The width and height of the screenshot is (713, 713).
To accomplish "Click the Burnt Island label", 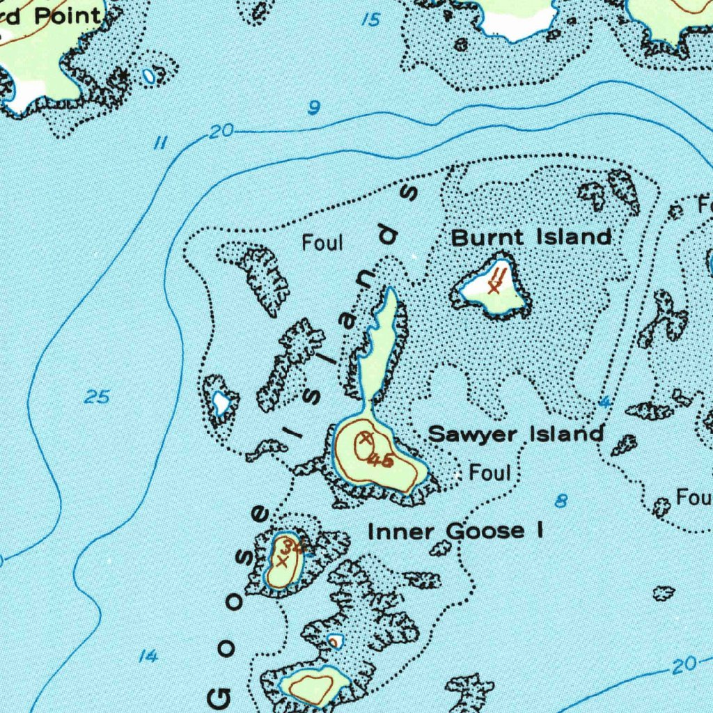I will tap(531, 237).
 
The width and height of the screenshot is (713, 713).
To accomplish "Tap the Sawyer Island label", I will tap(515, 434).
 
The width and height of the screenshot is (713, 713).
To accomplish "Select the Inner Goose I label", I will tap(455, 531).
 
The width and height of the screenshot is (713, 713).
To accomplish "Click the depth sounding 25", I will tap(97, 398).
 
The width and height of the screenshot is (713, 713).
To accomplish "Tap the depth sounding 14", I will tap(146, 656).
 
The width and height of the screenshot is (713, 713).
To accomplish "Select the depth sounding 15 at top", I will tap(372, 20).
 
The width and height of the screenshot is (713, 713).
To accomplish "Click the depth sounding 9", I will tap(315, 108).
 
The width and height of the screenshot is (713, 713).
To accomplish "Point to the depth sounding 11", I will tap(160, 144).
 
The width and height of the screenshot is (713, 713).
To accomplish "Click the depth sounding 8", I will tap(561, 501).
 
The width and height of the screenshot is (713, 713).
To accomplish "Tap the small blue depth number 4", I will tap(604, 402).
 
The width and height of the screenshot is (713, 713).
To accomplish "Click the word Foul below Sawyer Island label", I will tap(489, 473).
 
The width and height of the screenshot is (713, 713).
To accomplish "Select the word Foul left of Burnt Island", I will tap(322, 243).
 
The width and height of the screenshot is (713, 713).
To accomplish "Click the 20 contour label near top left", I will tap(222, 133).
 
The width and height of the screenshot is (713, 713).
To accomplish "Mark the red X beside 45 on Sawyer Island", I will tap(365, 439).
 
